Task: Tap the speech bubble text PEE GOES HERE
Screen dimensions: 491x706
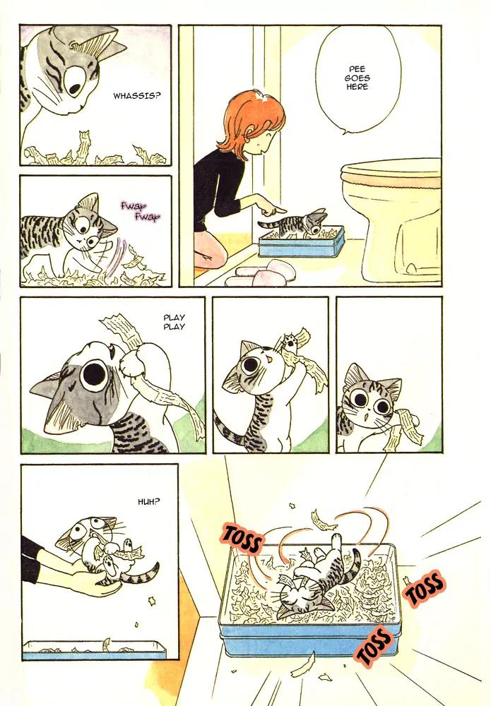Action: [x=357, y=78]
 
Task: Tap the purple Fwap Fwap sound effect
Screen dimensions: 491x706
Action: [x=140, y=212]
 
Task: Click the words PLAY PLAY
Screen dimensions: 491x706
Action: [x=174, y=322]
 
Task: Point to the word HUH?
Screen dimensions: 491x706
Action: [x=148, y=501]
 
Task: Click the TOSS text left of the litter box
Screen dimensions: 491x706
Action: [x=242, y=537]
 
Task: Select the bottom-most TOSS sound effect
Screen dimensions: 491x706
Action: [x=374, y=645]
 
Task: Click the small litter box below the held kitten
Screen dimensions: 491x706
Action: [x=95, y=650]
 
